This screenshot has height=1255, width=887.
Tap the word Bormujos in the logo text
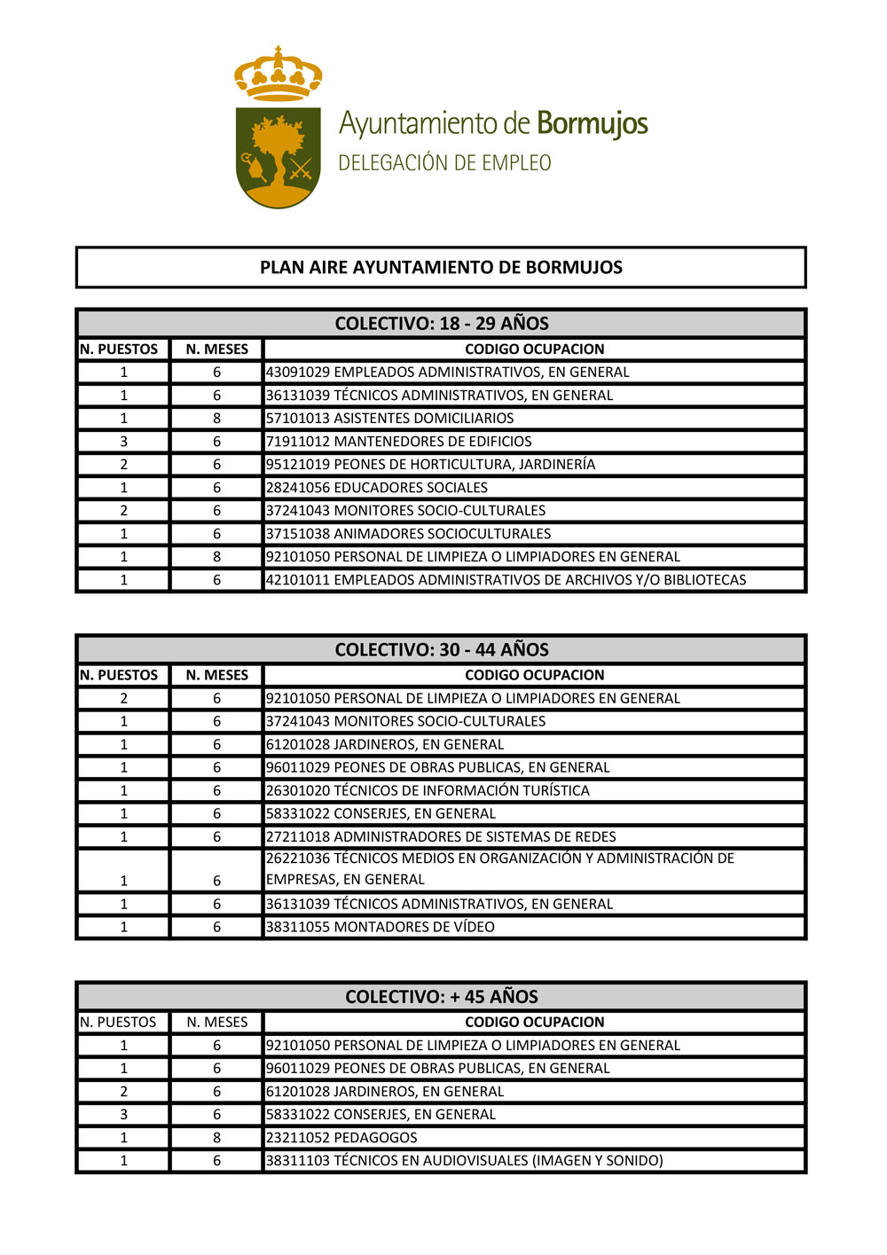593,124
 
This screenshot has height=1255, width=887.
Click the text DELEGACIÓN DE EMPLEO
444,163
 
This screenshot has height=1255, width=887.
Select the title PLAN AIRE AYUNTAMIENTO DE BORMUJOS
441,268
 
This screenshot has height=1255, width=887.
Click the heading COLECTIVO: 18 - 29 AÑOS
441,324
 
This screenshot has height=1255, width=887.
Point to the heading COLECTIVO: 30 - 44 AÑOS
441,650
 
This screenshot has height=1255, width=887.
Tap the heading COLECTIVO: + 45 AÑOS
441,997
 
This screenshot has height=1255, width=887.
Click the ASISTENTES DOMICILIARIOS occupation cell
390,419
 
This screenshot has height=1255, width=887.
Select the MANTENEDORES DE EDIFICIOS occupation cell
399,442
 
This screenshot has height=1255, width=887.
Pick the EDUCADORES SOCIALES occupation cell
377,488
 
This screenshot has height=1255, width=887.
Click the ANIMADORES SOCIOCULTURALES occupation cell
409,534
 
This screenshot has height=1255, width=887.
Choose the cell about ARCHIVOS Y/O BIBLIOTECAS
506,580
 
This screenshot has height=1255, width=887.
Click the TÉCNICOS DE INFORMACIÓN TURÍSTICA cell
428,791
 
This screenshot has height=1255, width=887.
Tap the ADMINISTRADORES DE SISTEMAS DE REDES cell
441,837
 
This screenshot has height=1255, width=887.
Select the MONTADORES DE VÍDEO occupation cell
381,928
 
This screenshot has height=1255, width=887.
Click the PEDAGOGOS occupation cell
341,1138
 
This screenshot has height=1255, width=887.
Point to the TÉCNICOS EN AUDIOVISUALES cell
465,1161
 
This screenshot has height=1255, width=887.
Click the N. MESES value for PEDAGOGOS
216,1138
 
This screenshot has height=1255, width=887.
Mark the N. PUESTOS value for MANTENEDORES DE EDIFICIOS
123,442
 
